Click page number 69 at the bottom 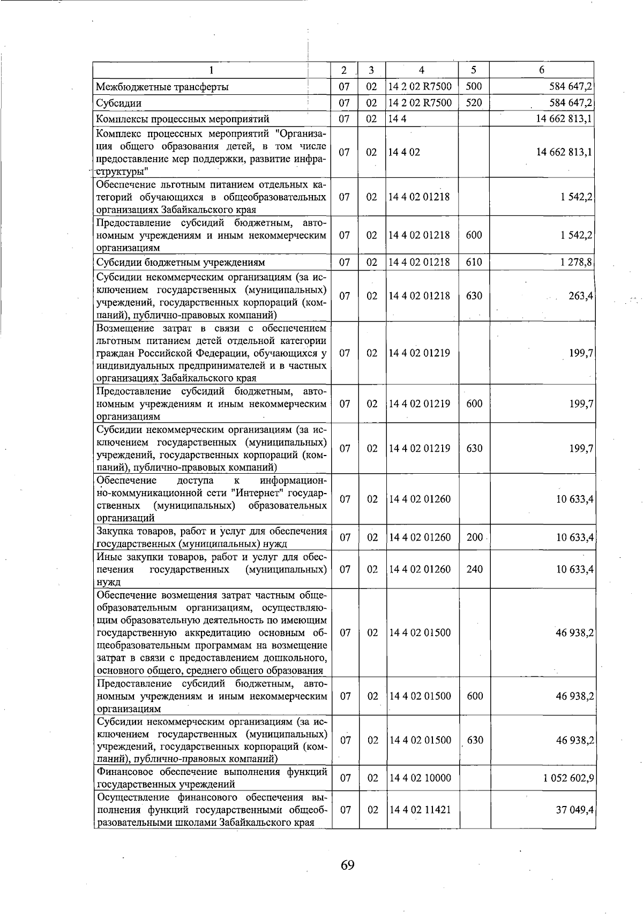click(347, 865)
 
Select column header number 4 click(422, 70)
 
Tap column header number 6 click(542, 70)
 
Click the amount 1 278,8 click(575, 262)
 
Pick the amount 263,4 click(580, 296)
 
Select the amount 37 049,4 click(575, 810)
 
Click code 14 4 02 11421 click(420, 810)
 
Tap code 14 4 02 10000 click(420, 778)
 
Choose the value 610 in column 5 click(474, 262)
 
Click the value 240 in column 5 click(474, 569)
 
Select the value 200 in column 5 click(474, 537)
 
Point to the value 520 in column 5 click(474, 102)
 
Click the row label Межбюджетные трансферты click(162, 87)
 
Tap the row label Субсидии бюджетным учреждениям click(180, 263)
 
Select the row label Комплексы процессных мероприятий click(182, 119)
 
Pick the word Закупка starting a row click(114, 532)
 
